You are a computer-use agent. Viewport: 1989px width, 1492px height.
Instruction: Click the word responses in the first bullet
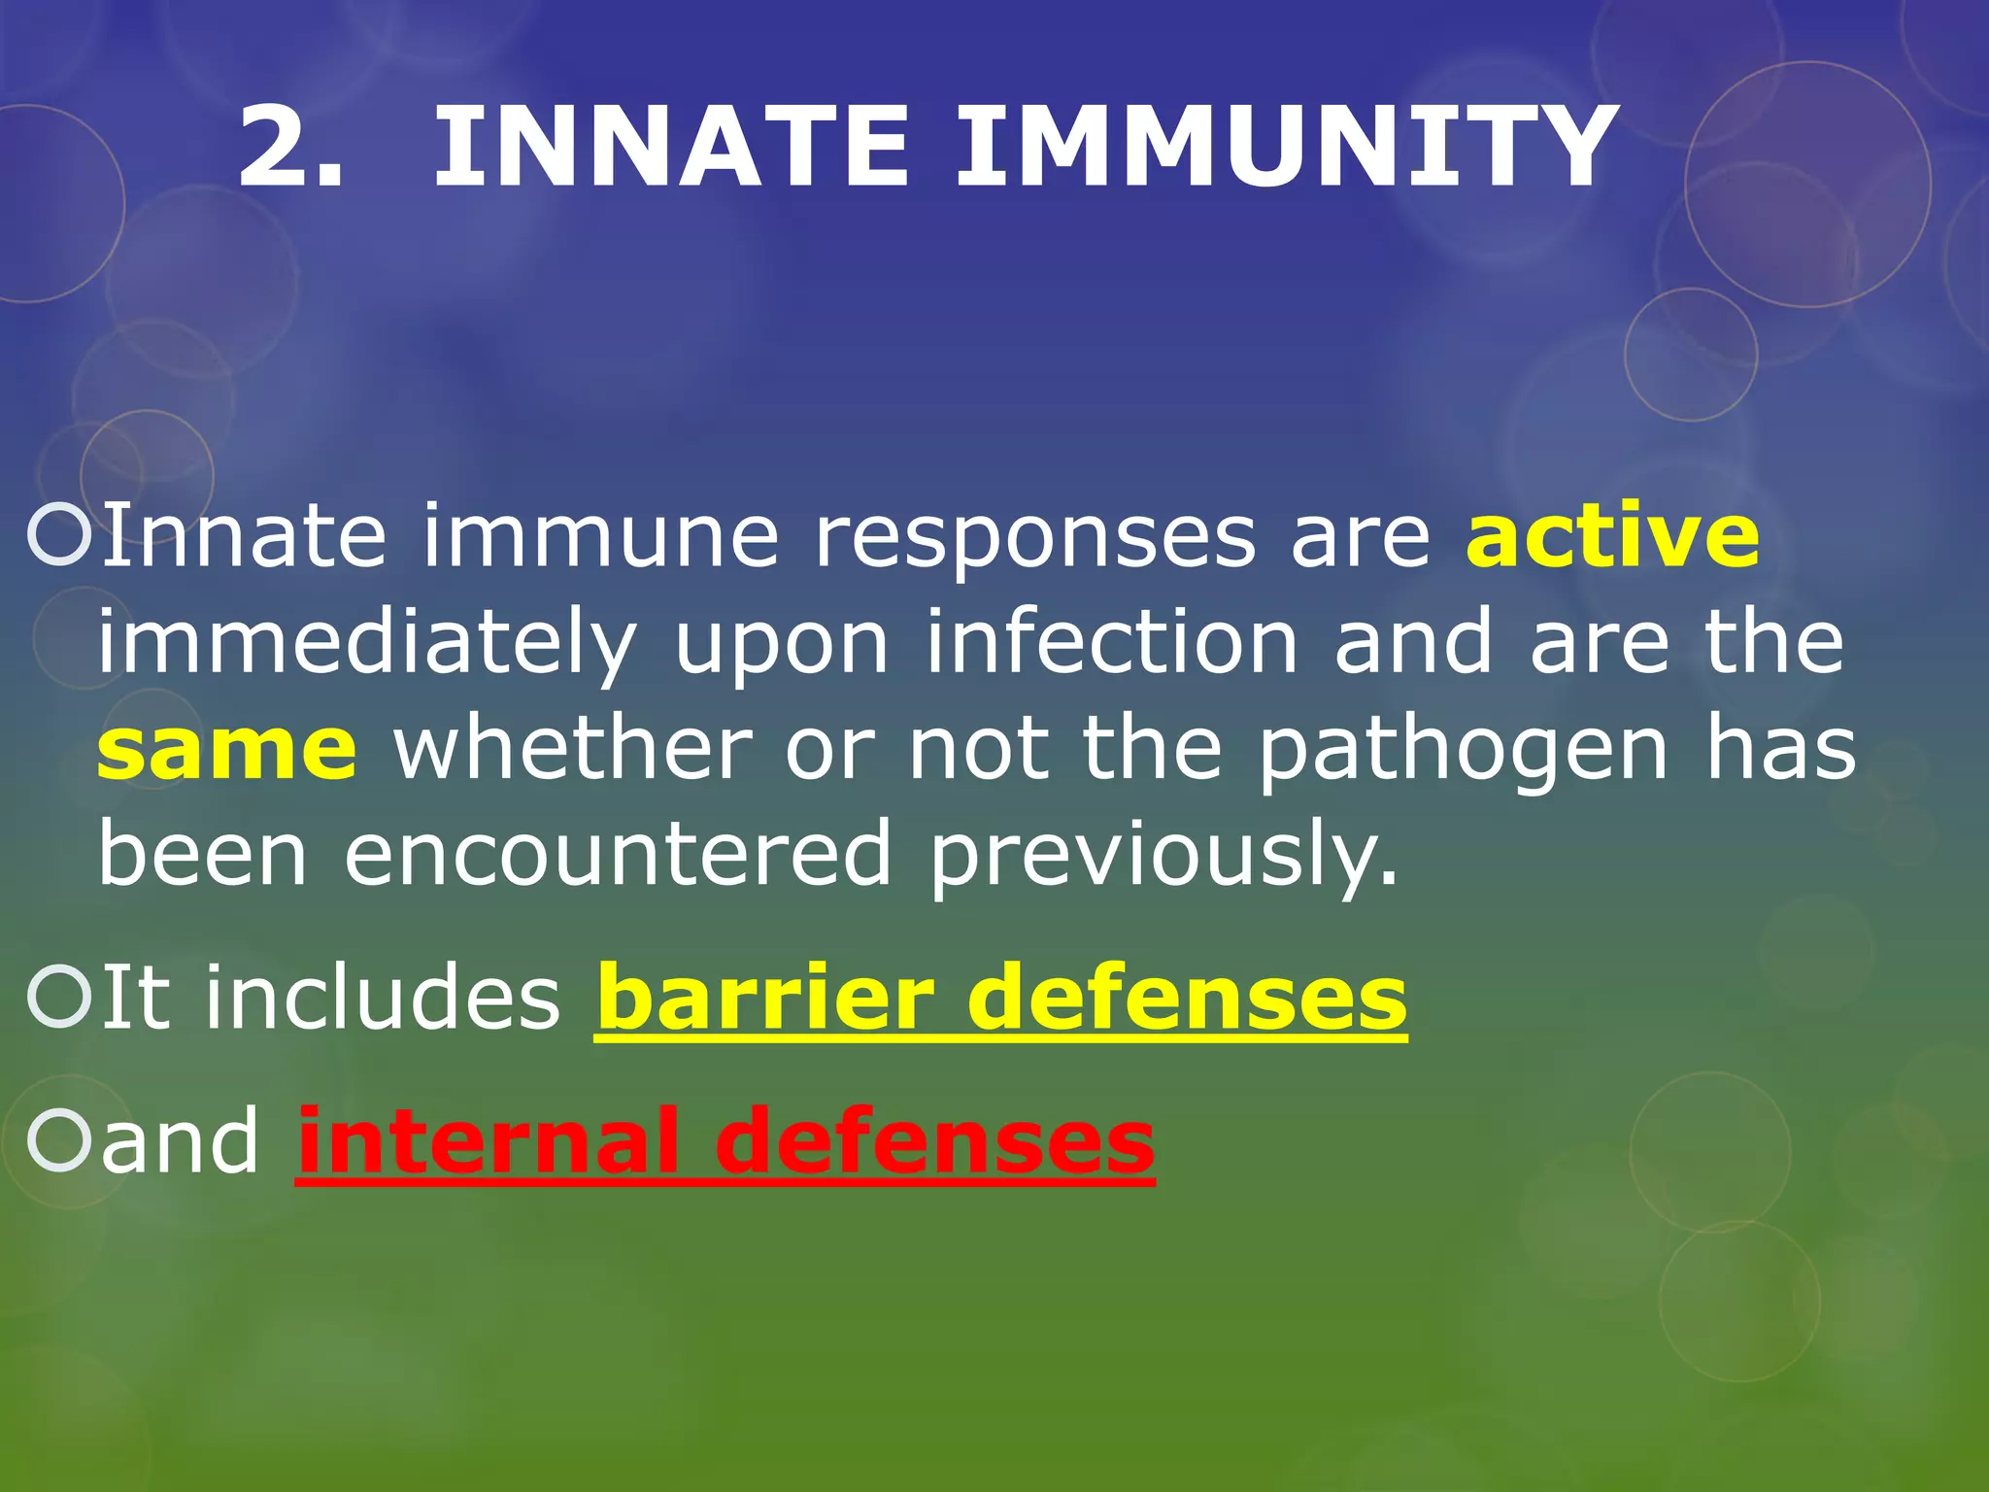point(1034,537)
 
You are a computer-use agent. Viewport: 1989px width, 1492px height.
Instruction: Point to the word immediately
point(367,645)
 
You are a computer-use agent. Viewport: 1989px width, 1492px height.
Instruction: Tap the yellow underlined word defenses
point(1187,998)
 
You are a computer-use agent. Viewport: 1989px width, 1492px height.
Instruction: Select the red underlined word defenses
point(934,1140)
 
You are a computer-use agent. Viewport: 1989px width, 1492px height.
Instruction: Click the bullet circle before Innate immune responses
point(59,535)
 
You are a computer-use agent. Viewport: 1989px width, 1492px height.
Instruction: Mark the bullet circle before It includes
point(59,998)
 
